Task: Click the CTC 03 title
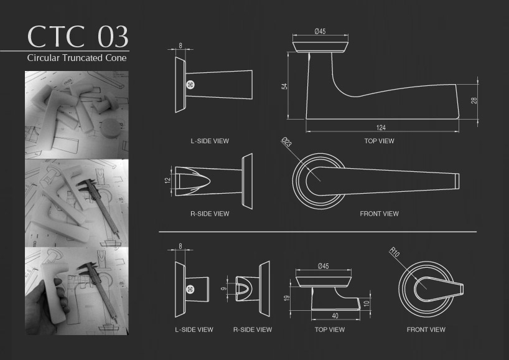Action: pos(78,36)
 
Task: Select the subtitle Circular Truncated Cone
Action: pos(77,58)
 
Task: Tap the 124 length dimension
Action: pos(381,127)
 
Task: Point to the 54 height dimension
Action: pos(284,87)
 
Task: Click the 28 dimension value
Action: pos(474,100)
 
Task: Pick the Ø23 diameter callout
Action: pos(287,142)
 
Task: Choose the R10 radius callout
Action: pos(394,252)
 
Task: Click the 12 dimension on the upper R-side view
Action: pos(167,181)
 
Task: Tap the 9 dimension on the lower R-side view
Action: pos(223,288)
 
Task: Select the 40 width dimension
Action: pos(335,316)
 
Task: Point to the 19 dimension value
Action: pos(287,298)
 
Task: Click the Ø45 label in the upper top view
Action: pos(320,31)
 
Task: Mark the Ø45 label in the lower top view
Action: pos(324,266)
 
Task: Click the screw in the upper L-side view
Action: pos(190,85)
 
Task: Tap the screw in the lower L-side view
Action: pos(190,289)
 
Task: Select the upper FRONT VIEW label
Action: pos(379,214)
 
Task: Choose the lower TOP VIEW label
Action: pos(330,329)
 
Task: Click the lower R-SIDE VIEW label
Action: pos(253,329)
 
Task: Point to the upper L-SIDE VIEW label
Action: pos(210,141)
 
